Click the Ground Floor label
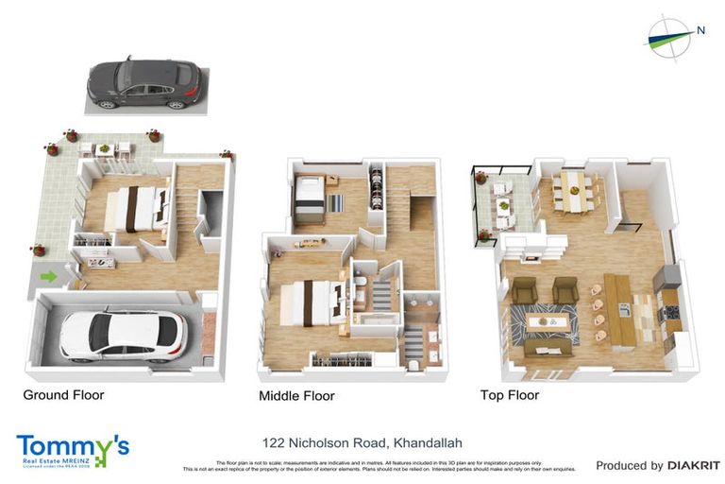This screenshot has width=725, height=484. coord(63,394)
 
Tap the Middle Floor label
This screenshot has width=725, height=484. coord(296,396)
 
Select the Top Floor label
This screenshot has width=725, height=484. coord(510,395)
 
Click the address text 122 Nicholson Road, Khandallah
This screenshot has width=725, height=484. coord(362,442)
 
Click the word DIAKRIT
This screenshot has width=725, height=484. coord(694,465)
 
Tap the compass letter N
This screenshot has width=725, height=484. coord(700,29)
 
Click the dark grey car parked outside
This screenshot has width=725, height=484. coord(144,83)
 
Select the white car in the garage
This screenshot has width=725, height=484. coord(123,336)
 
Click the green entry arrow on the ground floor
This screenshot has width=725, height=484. coord(48,277)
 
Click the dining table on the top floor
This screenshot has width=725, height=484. coord(574,192)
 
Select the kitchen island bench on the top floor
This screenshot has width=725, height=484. coord(617,308)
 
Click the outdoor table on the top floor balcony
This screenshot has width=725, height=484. coord(503,205)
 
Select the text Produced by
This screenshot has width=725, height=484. coord(629,465)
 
